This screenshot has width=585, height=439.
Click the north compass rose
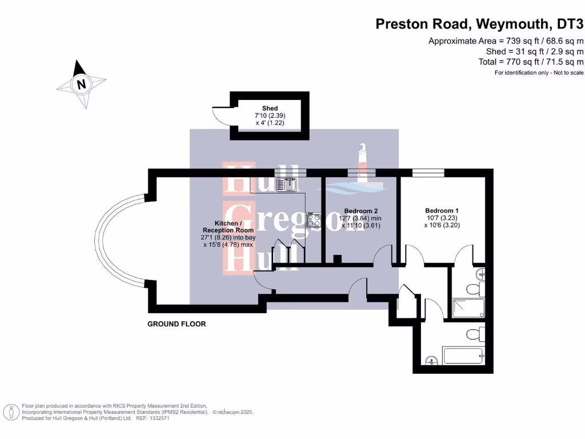tap(82, 84)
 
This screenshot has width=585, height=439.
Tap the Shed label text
tap(270, 108)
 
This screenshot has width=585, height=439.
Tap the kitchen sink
tap(286, 184)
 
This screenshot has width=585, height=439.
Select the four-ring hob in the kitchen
tap(314, 220)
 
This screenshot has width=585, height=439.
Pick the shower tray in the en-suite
tap(468, 308)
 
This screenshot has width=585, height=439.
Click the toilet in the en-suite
tap(472, 288)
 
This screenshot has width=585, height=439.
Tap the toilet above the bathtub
tap(473, 334)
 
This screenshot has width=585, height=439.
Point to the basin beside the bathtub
tap(432, 360)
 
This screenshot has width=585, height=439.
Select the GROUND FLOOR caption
tap(177, 324)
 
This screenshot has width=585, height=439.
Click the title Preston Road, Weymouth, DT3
tap(479, 24)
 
